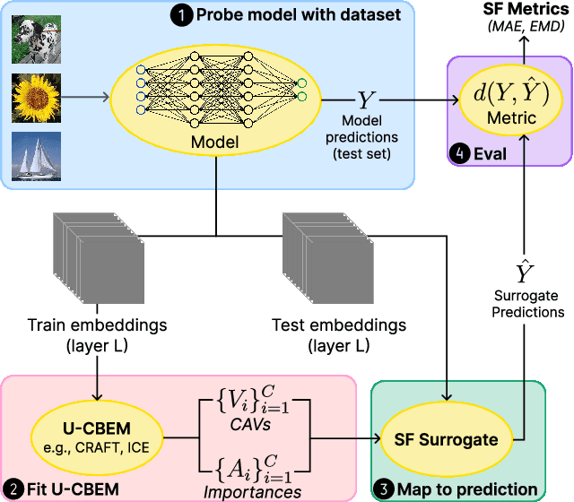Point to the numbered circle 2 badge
click(13, 489)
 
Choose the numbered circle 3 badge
click(383, 489)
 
